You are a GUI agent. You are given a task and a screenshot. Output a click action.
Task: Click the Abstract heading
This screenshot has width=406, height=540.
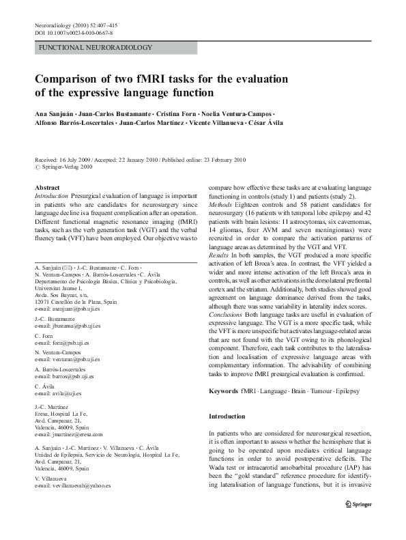coord(47,186)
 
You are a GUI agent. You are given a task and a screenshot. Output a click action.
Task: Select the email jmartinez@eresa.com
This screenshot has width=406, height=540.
coord(68,434)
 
